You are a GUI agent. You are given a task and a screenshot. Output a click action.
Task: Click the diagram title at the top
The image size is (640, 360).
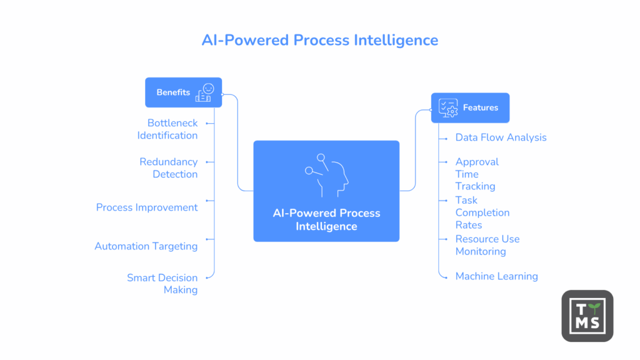(319, 40)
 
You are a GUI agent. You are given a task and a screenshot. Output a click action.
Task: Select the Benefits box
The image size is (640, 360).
(183, 92)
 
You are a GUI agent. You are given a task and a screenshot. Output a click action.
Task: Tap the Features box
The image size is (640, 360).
(470, 107)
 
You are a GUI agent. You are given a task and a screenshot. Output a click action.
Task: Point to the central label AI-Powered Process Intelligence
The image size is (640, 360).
(326, 219)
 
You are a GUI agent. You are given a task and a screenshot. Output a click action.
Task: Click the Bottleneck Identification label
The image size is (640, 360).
(167, 129)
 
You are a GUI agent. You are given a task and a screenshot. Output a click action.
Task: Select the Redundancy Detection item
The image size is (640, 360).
(168, 168)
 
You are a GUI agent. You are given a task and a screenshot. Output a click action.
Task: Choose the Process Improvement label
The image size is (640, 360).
(147, 207)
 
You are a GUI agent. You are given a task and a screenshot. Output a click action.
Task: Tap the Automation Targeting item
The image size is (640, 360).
(146, 246)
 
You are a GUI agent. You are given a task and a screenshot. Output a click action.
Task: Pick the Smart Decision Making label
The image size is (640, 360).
(162, 284)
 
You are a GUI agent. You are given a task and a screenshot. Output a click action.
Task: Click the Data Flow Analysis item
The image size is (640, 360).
(501, 137)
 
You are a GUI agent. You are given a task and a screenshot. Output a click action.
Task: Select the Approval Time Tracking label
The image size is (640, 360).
(476, 174)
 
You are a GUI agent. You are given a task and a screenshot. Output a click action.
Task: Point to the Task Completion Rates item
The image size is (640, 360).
(482, 212)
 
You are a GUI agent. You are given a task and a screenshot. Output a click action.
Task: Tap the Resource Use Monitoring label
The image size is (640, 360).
(487, 245)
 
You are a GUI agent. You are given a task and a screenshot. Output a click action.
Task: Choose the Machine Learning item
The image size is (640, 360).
(496, 276)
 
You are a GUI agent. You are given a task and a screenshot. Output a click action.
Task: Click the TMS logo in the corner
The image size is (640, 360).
(587, 316)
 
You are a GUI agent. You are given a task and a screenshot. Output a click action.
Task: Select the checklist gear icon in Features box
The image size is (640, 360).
(448, 107)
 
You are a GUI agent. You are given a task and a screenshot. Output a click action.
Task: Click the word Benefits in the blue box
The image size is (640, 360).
(173, 92)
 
